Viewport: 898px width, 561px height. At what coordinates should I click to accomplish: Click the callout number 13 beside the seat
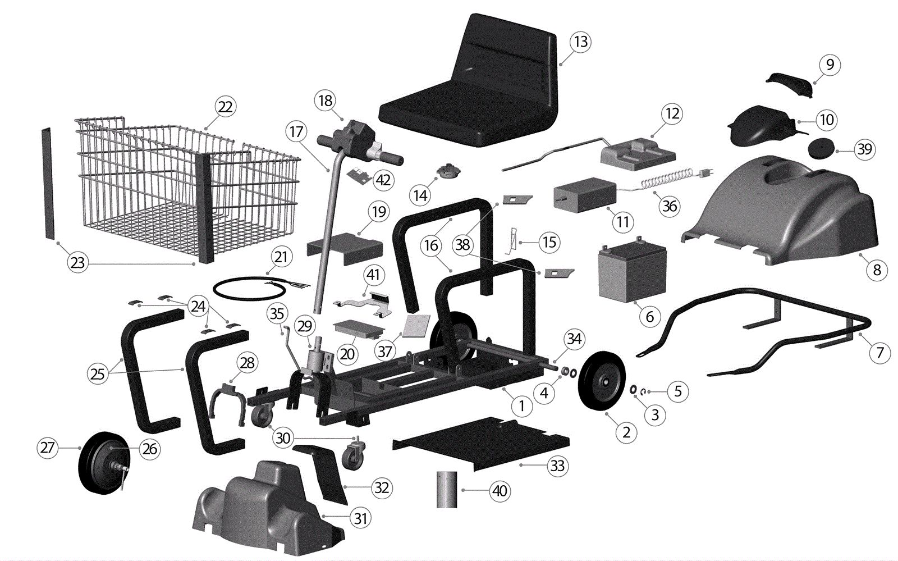click(580, 42)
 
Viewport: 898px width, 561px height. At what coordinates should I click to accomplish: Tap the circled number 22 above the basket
click(225, 107)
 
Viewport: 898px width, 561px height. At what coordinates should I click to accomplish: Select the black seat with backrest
click(477, 90)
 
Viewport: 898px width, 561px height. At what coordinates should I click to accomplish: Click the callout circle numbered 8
click(877, 270)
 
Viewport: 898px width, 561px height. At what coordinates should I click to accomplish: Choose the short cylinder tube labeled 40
click(447, 490)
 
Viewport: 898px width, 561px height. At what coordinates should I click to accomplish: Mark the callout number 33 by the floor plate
click(557, 466)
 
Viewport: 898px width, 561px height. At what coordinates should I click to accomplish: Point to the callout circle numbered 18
click(326, 101)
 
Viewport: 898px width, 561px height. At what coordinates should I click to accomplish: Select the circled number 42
click(383, 180)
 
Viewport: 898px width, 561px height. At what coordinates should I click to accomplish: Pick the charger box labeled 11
click(584, 194)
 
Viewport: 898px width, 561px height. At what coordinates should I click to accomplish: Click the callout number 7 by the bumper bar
click(879, 353)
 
